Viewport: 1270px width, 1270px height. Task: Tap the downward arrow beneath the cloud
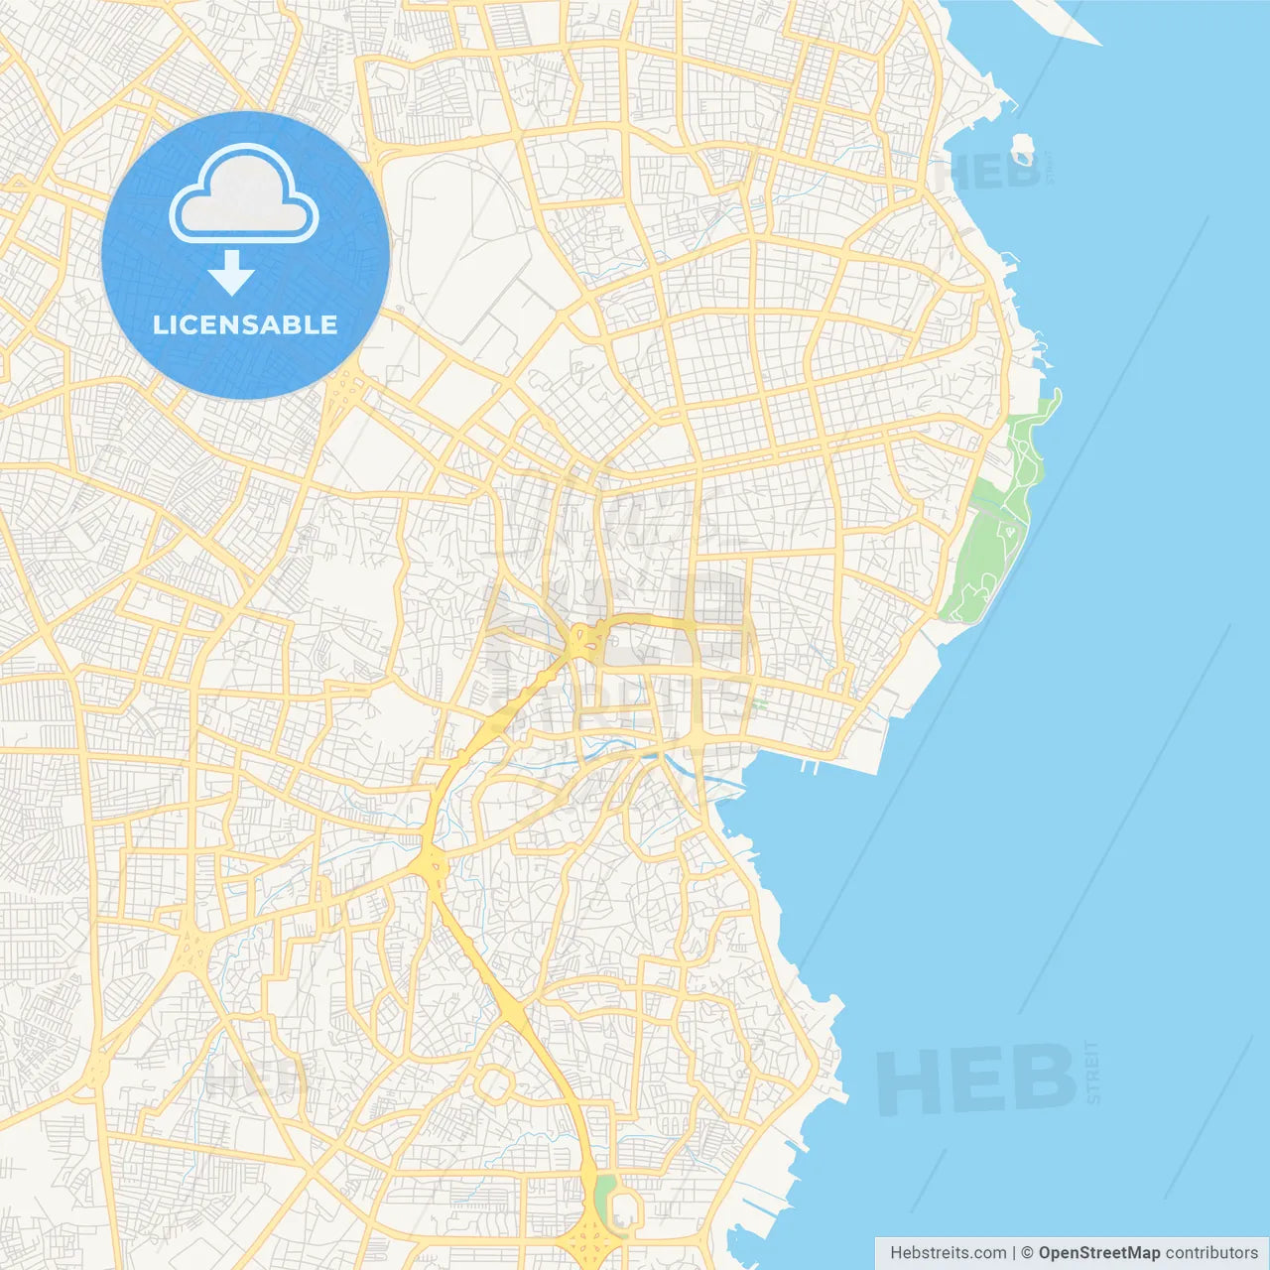(231, 273)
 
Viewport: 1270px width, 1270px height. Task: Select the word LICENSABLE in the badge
(245, 324)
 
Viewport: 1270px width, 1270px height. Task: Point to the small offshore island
(1023, 150)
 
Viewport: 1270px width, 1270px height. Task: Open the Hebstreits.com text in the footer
(948, 1253)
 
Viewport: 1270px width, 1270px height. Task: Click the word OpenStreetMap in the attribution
(1098, 1253)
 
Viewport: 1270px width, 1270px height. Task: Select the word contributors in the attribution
(1210, 1253)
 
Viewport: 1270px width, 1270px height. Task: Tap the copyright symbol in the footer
(1027, 1253)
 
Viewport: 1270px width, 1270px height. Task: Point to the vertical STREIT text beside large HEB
(1092, 1073)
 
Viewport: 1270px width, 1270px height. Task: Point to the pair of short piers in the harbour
(808, 766)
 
